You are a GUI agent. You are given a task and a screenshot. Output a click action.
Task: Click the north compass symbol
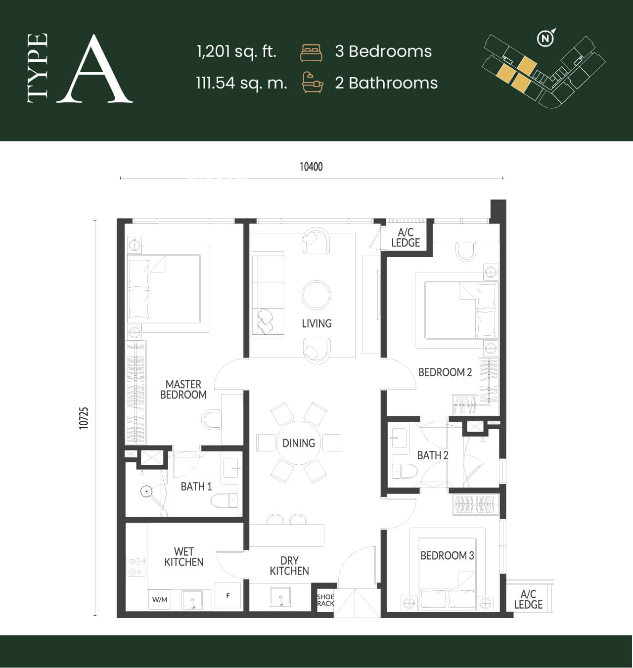click(545, 38)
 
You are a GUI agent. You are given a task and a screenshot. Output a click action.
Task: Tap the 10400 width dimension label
click(311, 167)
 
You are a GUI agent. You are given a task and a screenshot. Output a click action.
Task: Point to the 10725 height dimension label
click(84, 418)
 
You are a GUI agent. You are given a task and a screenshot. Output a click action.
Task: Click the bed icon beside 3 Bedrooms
click(311, 53)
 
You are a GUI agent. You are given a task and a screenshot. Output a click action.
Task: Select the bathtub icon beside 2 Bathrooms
click(313, 82)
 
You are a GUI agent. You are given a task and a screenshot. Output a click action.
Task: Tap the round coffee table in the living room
click(316, 295)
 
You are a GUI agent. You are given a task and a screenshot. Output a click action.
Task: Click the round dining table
click(299, 443)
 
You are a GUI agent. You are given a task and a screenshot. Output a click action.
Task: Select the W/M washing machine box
click(159, 600)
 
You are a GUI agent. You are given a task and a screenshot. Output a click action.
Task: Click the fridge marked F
click(228, 596)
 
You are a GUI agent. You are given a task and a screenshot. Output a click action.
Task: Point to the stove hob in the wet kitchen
click(136, 567)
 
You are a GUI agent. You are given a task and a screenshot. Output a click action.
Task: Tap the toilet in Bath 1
click(224, 500)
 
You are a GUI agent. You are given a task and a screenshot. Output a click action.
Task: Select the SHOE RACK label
click(325, 600)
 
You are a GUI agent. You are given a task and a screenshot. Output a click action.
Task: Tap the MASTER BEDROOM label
click(183, 390)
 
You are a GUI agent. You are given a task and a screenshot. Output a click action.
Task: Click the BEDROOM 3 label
click(447, 556)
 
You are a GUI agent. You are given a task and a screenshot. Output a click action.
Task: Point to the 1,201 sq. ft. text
click(236, 51)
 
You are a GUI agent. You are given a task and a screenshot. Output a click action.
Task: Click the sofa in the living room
click(268, 295)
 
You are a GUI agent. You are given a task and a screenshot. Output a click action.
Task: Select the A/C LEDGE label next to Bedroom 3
click(528, 599)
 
